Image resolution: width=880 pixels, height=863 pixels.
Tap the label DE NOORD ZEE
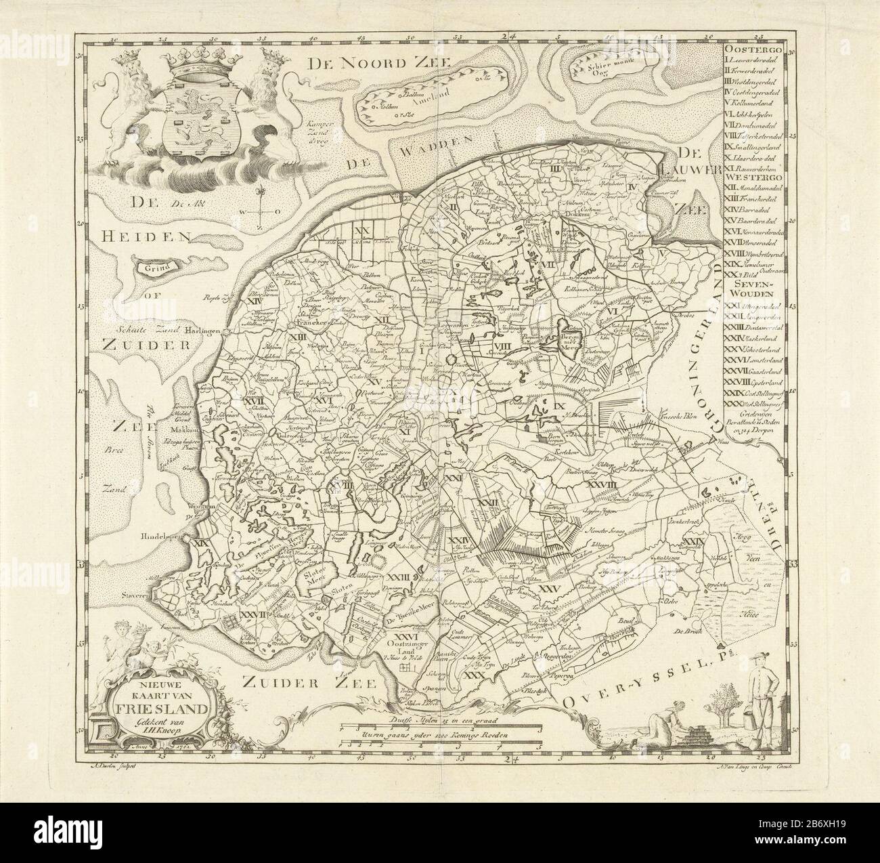click(x=377, y=64)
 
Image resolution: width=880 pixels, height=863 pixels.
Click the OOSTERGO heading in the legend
click(x=753, y=49)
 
